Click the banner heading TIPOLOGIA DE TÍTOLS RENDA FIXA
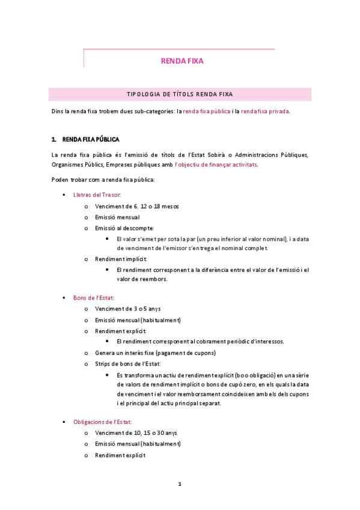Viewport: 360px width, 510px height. [x=180, y=94]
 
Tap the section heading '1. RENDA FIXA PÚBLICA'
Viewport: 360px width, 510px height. [x=85, y=140]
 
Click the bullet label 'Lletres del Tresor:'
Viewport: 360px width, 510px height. [x=97, y=195]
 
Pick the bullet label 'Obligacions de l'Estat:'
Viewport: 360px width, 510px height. [x=102, y=422]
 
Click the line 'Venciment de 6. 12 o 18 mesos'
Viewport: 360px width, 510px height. [x=136, y=206]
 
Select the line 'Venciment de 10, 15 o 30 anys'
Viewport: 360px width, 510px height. [x=136, y=433]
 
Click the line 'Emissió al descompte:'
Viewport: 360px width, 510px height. [x=124, y=228]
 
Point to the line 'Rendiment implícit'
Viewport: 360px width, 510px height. [x=121, y=259]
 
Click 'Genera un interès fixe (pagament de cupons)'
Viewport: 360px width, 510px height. [x=155, y=352]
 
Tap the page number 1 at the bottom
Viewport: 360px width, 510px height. [x=179, y=484]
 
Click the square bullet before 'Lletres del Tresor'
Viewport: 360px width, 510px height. [x=64, y=195]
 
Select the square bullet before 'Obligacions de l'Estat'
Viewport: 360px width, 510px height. [x=64, y=423]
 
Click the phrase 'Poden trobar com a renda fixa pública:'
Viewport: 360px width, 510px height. [x=103, y=180]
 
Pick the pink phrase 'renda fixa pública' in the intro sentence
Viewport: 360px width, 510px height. [x=206, y=111]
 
